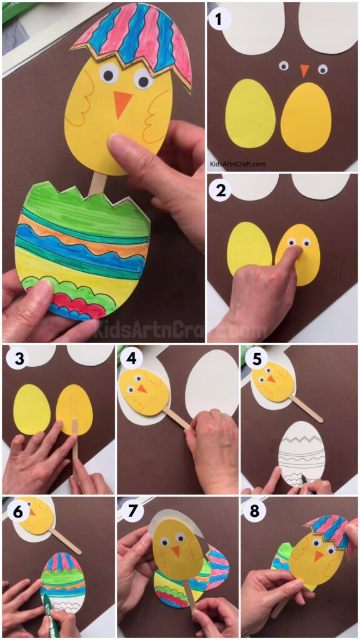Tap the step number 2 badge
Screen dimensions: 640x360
click(x=219, y=190)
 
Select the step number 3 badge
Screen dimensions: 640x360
click(x=16, y=360)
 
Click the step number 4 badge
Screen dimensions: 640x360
click(x=130, y=360)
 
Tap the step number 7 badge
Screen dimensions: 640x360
click(x=130, y=511)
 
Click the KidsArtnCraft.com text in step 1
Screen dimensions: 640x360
click(x=237, y=164)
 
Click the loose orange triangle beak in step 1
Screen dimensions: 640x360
click(x=304, y=70)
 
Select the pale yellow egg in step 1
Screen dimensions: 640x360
click(x=250, y=113)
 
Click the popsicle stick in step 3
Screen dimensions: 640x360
click(x=75, y=444)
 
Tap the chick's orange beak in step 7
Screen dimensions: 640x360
click(x=175, y=551)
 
